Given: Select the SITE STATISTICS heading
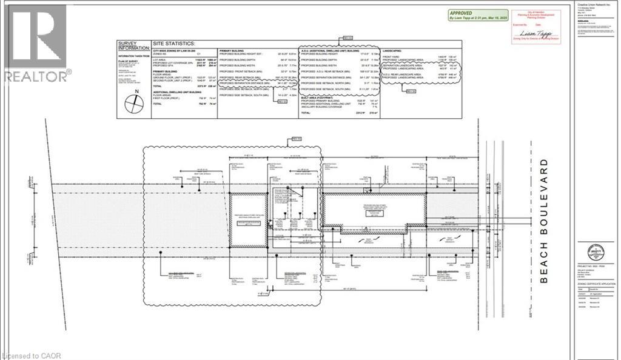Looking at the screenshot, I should click(174, 44).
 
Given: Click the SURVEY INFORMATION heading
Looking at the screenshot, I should click(133, 47).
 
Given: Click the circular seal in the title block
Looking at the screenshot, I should click(597, 250).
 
